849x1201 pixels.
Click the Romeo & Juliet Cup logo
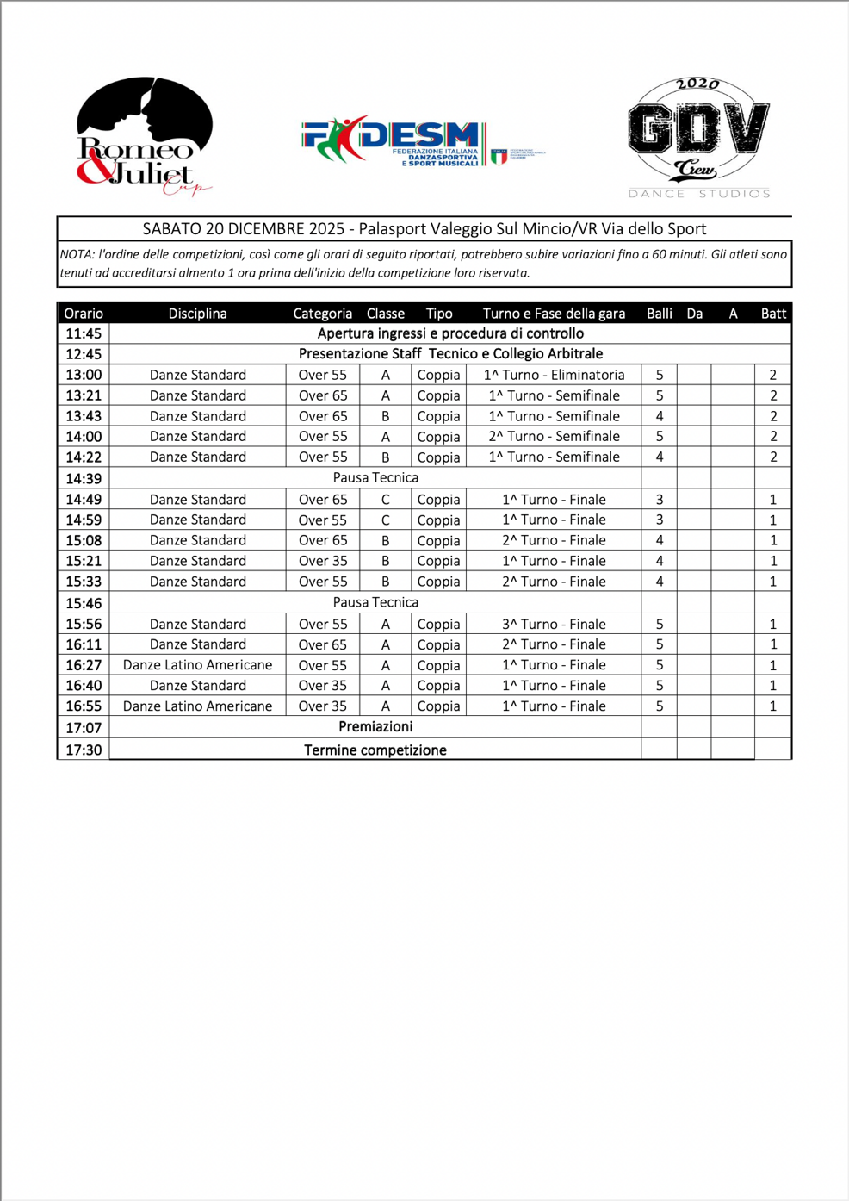point(145,136)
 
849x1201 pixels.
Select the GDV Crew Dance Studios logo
point(698,138)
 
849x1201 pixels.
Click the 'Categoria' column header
point(322,314)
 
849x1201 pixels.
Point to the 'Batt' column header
point(772,314)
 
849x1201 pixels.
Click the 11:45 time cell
point(84,333)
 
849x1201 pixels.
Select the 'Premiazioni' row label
point(375,727)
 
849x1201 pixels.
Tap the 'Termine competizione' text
point(375,750)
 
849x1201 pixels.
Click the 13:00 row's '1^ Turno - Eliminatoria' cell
point(554,375)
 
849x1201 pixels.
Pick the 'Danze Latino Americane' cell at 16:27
point(197,665)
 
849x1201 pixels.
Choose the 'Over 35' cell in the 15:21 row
point(323,561)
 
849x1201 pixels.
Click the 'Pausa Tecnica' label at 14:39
point(375,478)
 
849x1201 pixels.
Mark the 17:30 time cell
point(84,750)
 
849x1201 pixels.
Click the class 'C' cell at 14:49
point(385,500)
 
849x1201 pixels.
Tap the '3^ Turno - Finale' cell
point(554,624)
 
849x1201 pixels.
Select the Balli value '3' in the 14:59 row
point(660,520)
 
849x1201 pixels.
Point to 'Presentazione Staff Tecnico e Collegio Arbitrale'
point(450,354)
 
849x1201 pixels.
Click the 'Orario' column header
point(84,314)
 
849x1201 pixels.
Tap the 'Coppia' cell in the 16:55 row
point(438,706)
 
